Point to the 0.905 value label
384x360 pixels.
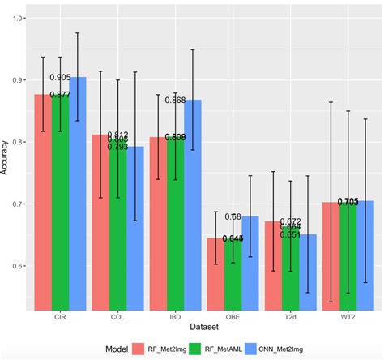click(60, 78)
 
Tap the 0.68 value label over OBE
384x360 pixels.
click(232, 217)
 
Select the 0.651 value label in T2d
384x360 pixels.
click(291, 234)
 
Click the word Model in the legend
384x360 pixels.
click(119, 348)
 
